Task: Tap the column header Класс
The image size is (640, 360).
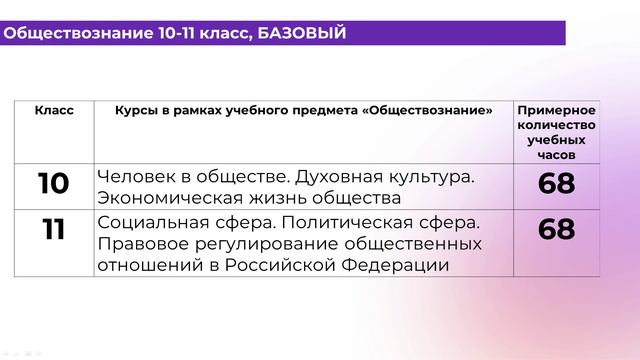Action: click(54, 110)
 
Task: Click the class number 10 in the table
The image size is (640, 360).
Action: click(53, 184)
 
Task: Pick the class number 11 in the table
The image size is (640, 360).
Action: click(53, 230)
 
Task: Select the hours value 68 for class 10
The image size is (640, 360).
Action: click(556, 184)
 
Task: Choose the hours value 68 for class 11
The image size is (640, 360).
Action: click(556, 230)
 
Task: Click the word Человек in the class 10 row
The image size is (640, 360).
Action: click(134, 176)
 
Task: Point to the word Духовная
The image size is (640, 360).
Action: click(320, 176)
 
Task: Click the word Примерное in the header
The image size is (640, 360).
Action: click(556, 109)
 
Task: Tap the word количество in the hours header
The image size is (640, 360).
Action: click(556, 125)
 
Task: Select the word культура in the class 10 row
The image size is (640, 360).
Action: click(422, 176)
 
